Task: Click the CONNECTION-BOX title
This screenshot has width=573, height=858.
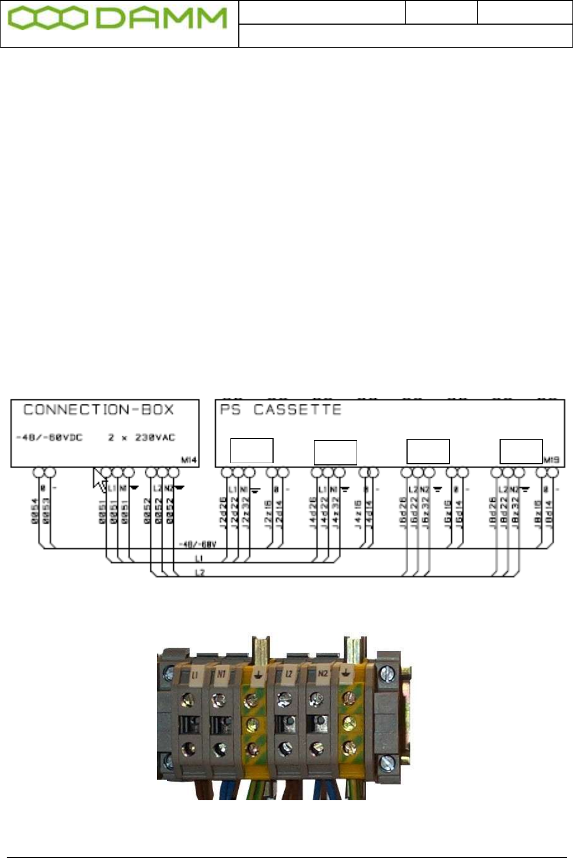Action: (x=99, y=410)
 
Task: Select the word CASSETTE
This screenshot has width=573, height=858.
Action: (x=297, y=410)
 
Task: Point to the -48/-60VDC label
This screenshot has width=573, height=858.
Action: (x=49, y=437)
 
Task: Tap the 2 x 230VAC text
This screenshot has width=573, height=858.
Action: (x=142, y=437)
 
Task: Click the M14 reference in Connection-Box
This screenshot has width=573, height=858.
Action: (x=189, y=460)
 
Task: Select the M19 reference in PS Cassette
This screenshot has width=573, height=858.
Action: (x=552, y=460)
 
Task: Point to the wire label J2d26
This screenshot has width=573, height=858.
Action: (x=223, y=510)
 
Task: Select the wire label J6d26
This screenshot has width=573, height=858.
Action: (x=403, y=510)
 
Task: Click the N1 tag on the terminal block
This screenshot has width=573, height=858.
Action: (x=221, y=675)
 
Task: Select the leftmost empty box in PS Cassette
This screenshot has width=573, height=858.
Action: (x=252, y=450)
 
